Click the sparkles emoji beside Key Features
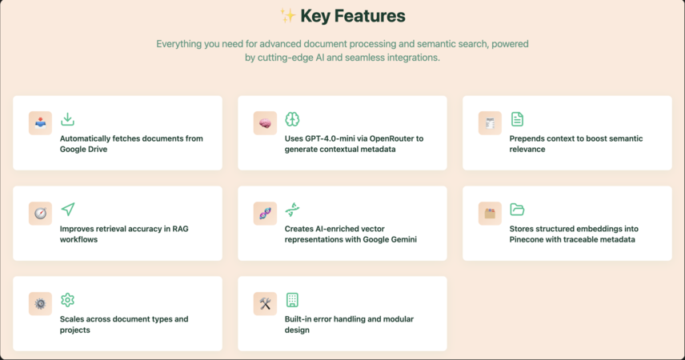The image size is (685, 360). pyautogui.click(x=288, y=16)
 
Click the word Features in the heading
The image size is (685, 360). pyautogui.click(x=370, y=16)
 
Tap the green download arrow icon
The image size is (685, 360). pyautogui.click(x=67, y=119)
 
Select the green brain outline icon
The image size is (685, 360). pyautogui.click(x=292, y=119)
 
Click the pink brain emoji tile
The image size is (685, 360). pyautogui.click(x=265, y=123)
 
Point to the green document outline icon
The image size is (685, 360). pyautogui.click(x=517, y=119)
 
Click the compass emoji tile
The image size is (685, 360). pyautogui.click(x=40, y=214)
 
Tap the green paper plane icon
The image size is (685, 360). pyautogui.click(x=68, y=210)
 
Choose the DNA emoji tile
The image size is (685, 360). pyautogui.click(x=265, y=214)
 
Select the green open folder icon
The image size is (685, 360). pyautogui.click(x=517, y=210)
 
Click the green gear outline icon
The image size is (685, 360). pyautogui.click(x=68, y=300)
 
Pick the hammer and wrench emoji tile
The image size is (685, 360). pyautogui.click(x=265, y=304)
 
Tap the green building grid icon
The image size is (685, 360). pyautogui.click(x=292, y=300)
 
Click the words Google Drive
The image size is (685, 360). pyautogui.click(x=83, y=150)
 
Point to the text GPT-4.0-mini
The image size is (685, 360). pyautogui.click(x=318, y=138)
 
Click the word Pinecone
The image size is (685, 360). pyautogui.click(x=527, y=239)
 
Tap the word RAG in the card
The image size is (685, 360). pyautogui.click(x=180, y=229)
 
